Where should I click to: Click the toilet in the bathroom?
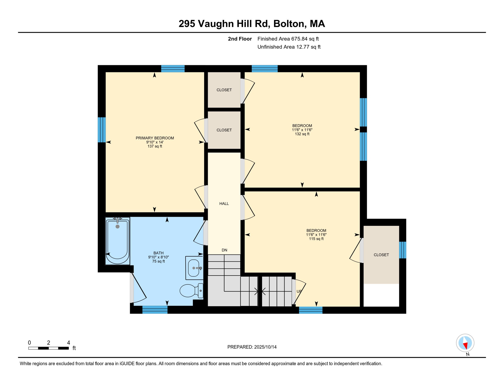point(191,290)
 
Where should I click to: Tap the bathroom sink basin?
point(194,268)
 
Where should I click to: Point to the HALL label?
point(224,204)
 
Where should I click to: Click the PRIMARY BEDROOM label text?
point(155,138)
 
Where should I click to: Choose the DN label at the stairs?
point(224,250)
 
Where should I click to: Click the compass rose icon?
point(465,343)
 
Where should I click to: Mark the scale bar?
point(48,348)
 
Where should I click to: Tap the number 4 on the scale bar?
point(68,343)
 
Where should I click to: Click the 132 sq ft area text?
point(302,134)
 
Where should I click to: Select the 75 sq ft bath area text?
point(158,261)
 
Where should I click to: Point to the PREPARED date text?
point(252,347)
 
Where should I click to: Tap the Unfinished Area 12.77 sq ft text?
point(289,47)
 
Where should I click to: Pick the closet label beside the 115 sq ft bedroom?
point(381,255)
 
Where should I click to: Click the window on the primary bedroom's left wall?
point(102,130)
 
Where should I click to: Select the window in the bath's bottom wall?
point(155,310)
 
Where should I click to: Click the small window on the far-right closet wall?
point(403,250)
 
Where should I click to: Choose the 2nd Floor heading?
point(240,39)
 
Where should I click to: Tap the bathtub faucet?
point(117,220)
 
